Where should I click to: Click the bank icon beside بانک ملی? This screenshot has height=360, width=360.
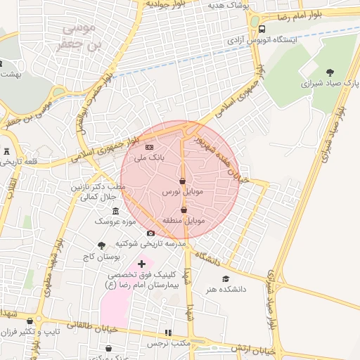tap(149, 148)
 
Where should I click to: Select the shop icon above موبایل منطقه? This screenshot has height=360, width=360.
tap(184, 210)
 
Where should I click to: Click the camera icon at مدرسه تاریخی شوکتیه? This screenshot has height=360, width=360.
tap(150, 233)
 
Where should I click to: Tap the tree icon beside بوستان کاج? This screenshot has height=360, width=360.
tap(102, 245)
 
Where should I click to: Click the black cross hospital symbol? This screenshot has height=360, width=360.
tap(141, 263)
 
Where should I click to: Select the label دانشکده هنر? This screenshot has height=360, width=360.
tap(224, 288)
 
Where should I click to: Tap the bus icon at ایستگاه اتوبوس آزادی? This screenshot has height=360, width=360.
tap(262, 30)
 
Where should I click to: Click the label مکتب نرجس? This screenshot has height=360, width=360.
tap(174, 343)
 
